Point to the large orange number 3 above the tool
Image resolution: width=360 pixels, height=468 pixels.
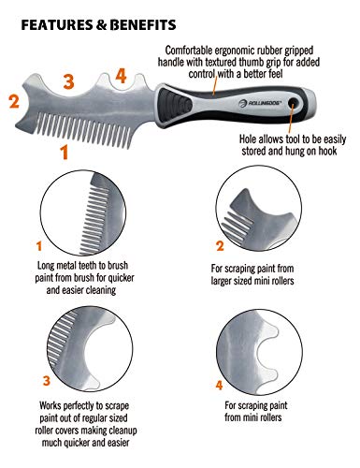(67, 80)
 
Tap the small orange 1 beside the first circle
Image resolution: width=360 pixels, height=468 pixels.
(39, 247)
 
